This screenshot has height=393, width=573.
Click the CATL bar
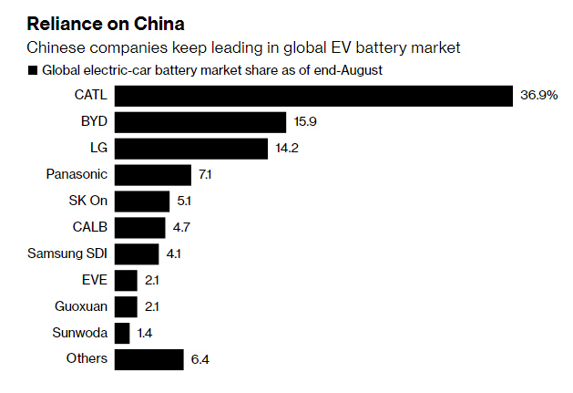(315, 96)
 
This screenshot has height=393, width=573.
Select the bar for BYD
(201, 122)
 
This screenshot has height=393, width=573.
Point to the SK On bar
(144, 201)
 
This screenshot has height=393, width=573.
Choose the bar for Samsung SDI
(138, 253)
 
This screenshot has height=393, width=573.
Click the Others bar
(151, 358)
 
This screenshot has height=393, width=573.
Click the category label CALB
(89, 227)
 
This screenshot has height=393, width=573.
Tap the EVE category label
(95, 280)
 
